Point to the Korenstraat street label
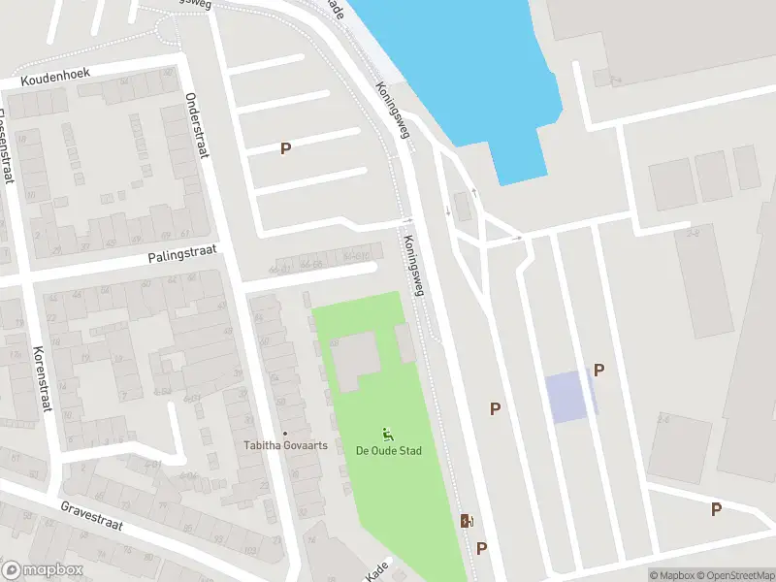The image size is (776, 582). [x=40, y=377]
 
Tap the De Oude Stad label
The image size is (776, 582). [x=388, y=451]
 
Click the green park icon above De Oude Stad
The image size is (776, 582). [x=388, y=434]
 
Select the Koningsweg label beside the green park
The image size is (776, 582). [x=414, y=265]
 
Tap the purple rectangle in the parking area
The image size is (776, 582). [x=567, y=397]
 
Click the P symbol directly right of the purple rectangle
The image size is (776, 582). [x=598, y=370]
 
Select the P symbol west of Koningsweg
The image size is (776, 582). [x=285, y=148]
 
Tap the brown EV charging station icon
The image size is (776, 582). [x=467, y=521]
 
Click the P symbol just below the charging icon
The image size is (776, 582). [x=481, y=548]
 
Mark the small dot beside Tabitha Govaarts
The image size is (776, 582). [x=284, y=434]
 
